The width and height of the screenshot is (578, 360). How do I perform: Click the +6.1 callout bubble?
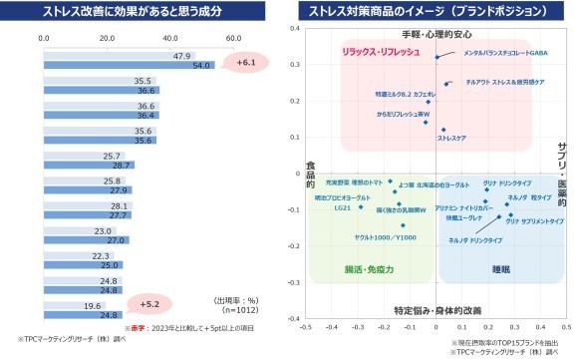click(245, 63)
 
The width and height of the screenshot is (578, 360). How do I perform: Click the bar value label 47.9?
click(181, 56)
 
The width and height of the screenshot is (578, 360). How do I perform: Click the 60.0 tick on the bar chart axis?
click(233, 38)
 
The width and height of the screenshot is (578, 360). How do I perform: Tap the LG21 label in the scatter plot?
click(342, 208)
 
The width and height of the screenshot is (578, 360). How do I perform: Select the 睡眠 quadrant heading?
click(501, 269)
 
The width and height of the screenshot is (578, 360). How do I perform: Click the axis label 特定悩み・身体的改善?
click(436, 310)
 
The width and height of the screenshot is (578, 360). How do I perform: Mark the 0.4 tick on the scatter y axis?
click(295, 29)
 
